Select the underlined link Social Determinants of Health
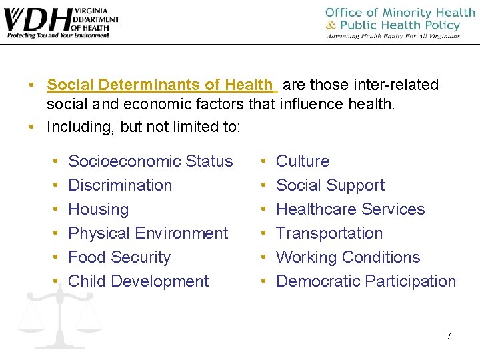pyautogui.click(x=161, y=85)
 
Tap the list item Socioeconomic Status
pyautogui.click(x=151, y=161)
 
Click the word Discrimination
pyautogui.click(x=120, y=185)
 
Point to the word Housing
pyautogui.click(x=99, y=209)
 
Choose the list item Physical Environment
pyautogui.click(x=148, y=233)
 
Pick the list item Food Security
pyautogui.click(x=119, y=257)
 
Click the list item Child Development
pyautogui.click(x=139, y=281)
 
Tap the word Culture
pyautogui.click(x=303, y=161)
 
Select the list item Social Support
pyautogui.click(x=330, y=185)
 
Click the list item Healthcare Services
pyautogui.click(x=350, y=209)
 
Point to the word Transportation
pyautogui.click(x=329, y=233)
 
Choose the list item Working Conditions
pyautogui.click(x=348, y=257)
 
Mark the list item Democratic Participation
pyautogui.click(x=366, y=281)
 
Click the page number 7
pyautogui.click(x=448, y=336)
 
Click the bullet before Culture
pyautogui.click(x=264, y=162)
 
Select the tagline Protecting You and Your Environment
pyautogui.click(x=58, y=35)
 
